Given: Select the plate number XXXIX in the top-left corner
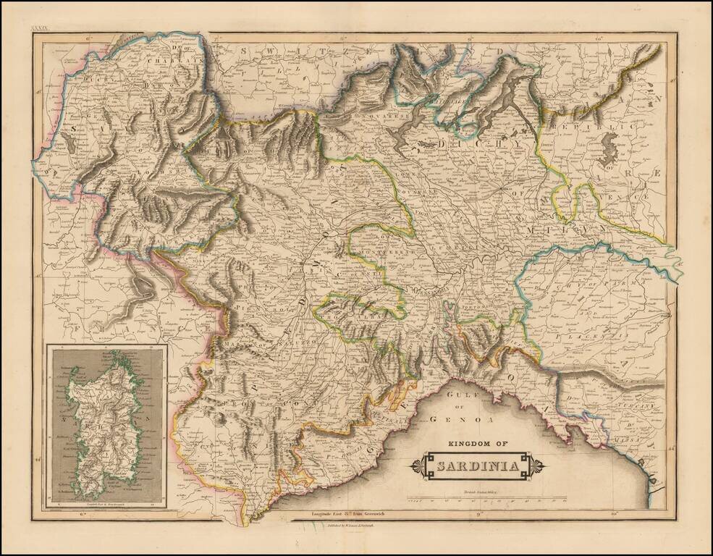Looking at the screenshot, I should [x=38, y=28].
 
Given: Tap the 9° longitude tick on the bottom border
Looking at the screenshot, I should [x=479, y=515].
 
